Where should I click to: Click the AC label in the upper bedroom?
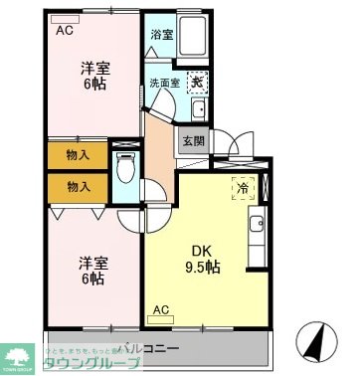(63, 29)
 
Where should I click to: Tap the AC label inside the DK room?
(160, 309)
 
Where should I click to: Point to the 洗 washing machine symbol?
(198, 83)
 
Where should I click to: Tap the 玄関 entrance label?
(191, 140)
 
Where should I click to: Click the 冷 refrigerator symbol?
(243, 186)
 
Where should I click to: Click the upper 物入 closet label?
(78, 154)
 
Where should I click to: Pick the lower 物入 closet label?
(78, 186)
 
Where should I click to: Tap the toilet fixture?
(125, 168)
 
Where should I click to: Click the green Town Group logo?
(19, 355)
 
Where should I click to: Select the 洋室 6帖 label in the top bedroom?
(94, 78)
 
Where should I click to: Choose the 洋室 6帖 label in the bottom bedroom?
(94, 271)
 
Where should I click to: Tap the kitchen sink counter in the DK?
(260, 228)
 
